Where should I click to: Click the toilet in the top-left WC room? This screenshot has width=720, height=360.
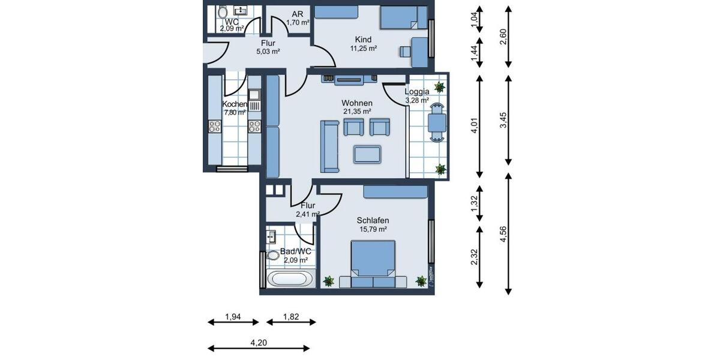point(223,12)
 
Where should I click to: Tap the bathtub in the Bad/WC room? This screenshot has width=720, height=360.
point(290,279)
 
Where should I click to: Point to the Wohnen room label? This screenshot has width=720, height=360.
point(357,103)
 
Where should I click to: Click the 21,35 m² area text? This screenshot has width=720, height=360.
point(357,112)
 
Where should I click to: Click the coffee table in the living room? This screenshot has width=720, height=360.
point(368,154)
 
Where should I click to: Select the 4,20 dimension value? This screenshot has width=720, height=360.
point(258,343)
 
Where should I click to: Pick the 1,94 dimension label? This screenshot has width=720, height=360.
point(233,316)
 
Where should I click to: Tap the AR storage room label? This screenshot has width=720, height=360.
point(297,14)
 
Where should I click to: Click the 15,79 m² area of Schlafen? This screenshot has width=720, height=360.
point(373,229)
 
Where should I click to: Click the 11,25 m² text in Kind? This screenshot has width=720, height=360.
point(363,49)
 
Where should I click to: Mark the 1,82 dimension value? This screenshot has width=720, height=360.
point(292,316)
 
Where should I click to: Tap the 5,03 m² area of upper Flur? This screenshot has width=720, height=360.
point(268,52)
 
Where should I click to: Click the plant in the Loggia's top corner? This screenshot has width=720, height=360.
point(440,86)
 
